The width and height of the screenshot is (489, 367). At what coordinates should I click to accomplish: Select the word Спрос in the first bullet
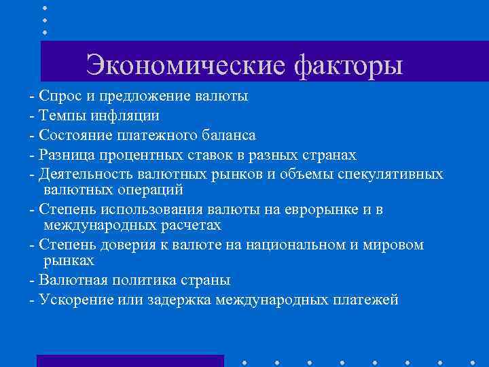[58, 95]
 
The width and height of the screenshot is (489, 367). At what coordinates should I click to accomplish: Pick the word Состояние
[72, 135]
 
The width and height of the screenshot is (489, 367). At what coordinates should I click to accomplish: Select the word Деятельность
[82, 175]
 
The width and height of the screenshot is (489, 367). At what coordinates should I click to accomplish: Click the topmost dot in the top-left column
[45, 7]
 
